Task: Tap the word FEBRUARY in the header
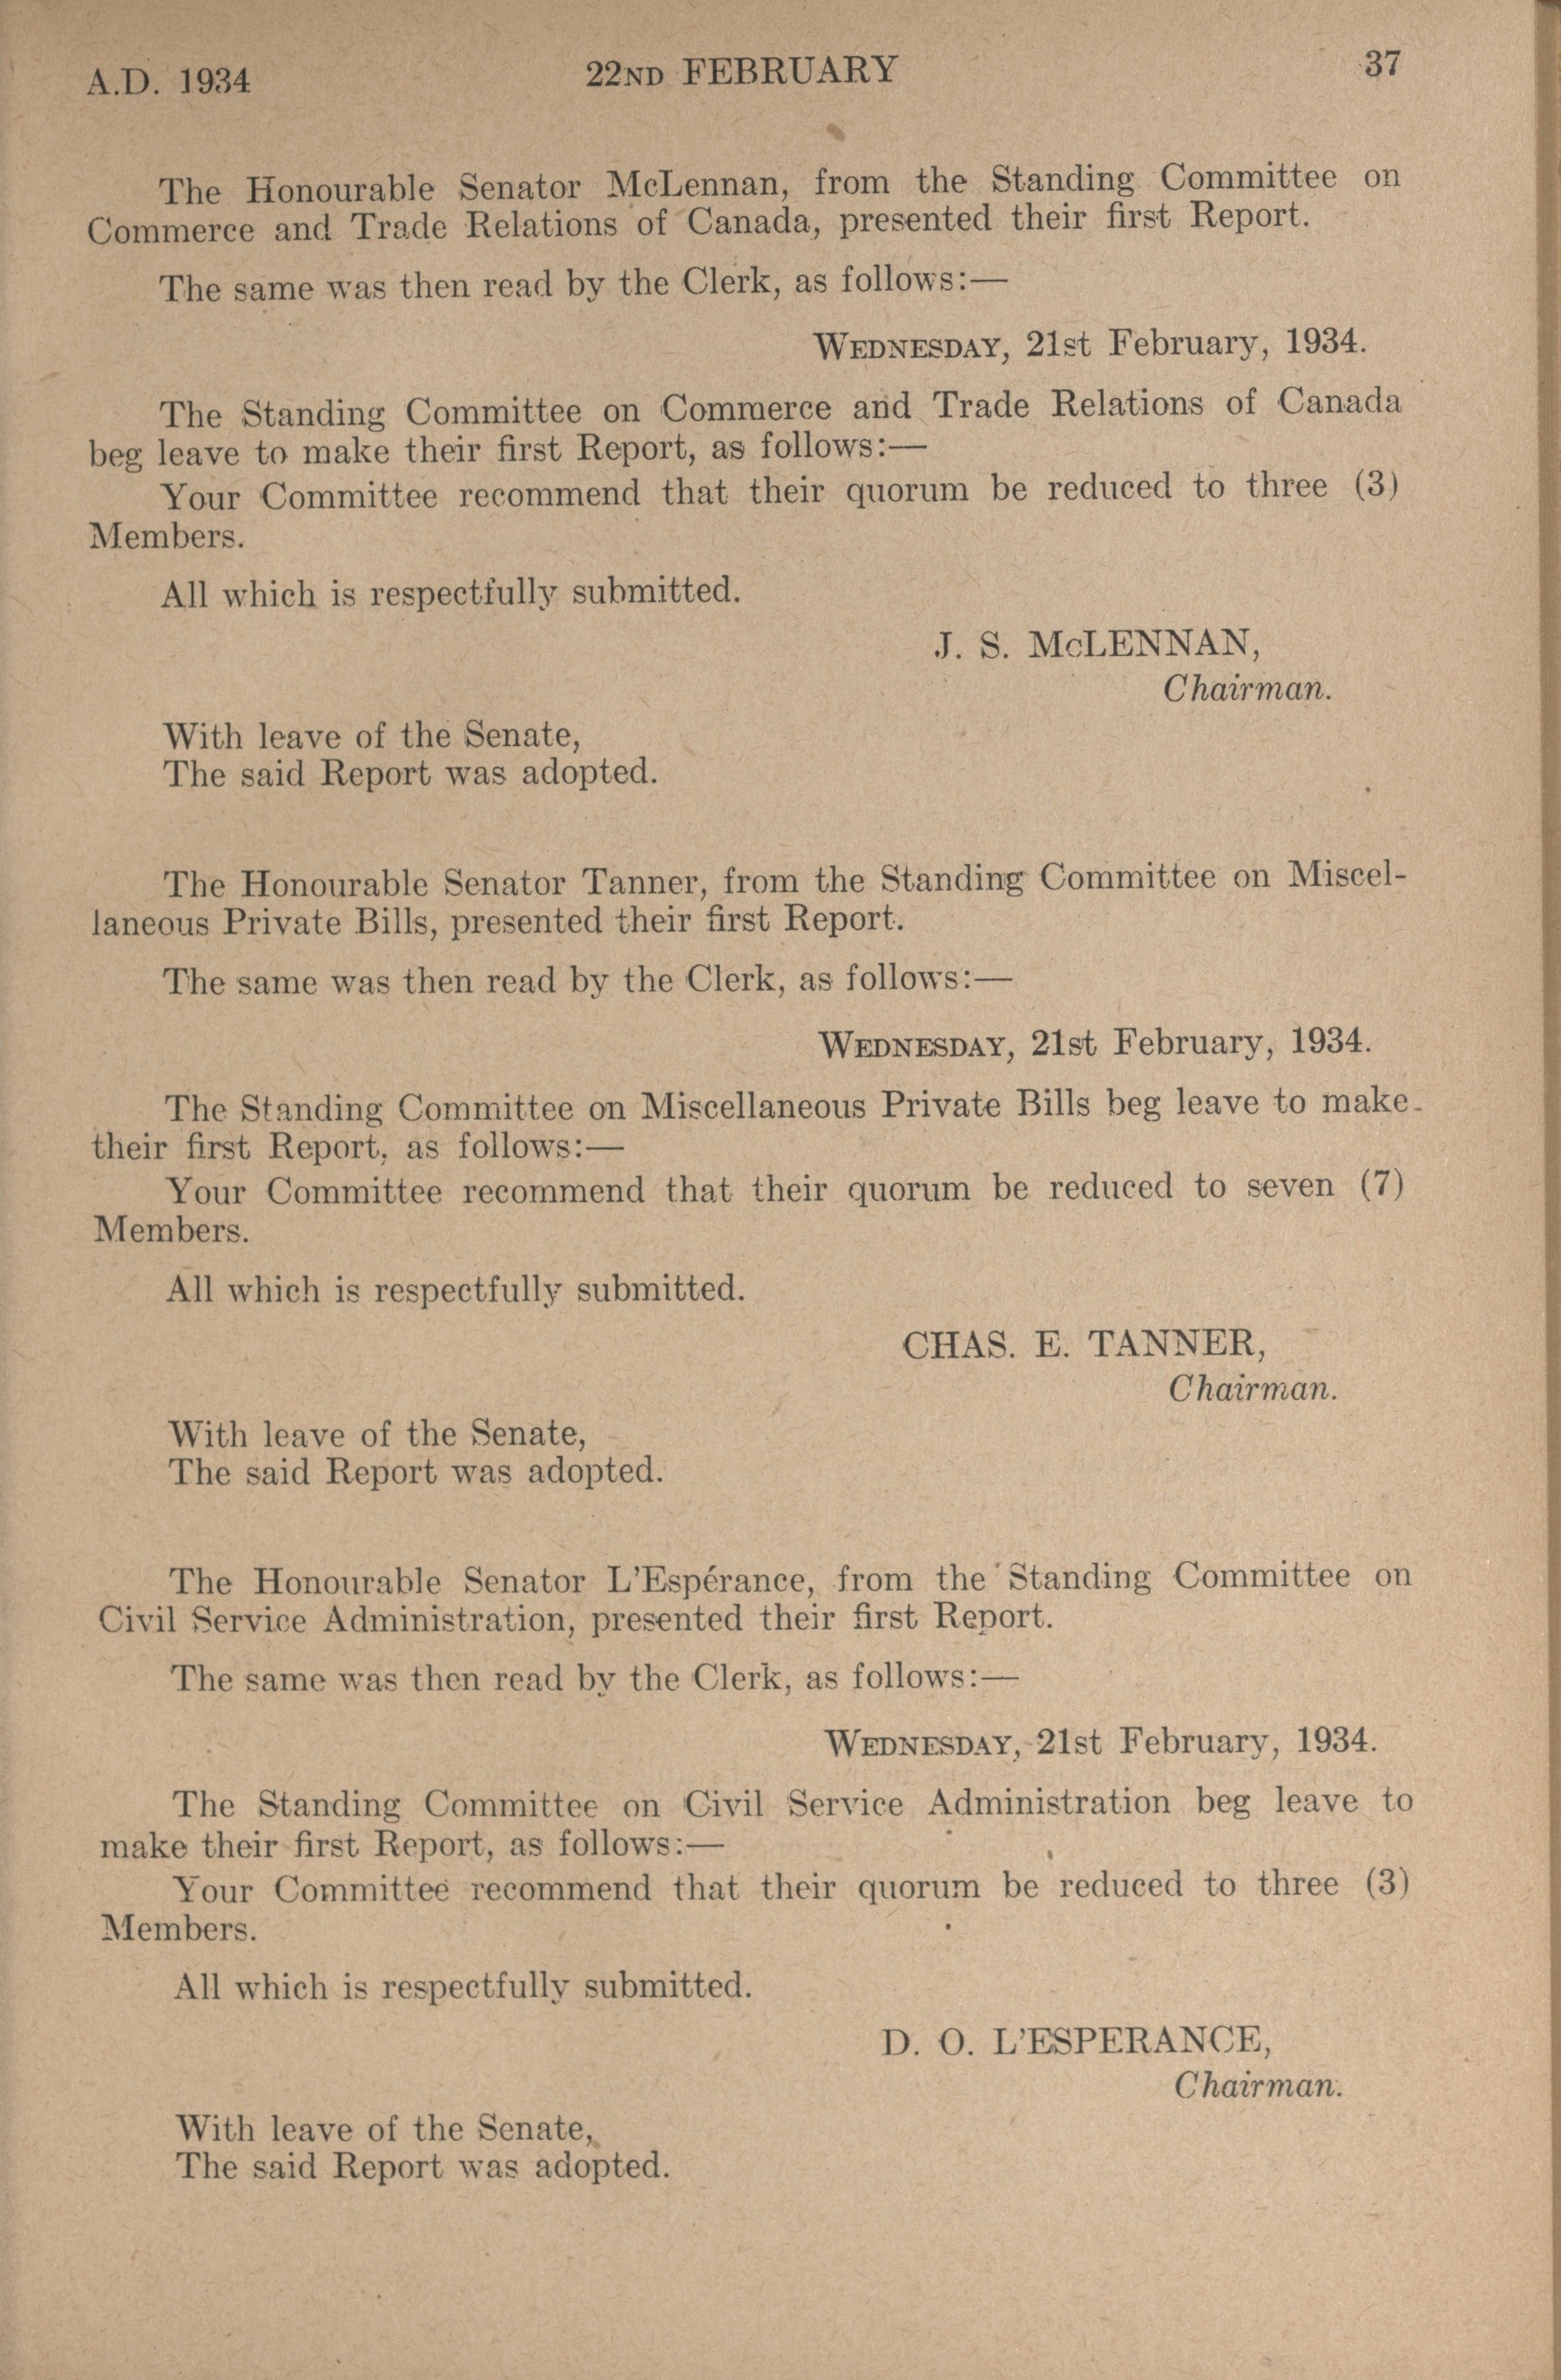[x=789, y=71]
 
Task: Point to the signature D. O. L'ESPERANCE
[x=1076, y=2041]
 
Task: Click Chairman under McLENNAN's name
[x=1246, y=689]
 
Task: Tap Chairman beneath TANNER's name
[x=1252, y=1388]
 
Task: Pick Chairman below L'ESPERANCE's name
[x=1257, y=2086]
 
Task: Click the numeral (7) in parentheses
[x=1384, y=1185]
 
